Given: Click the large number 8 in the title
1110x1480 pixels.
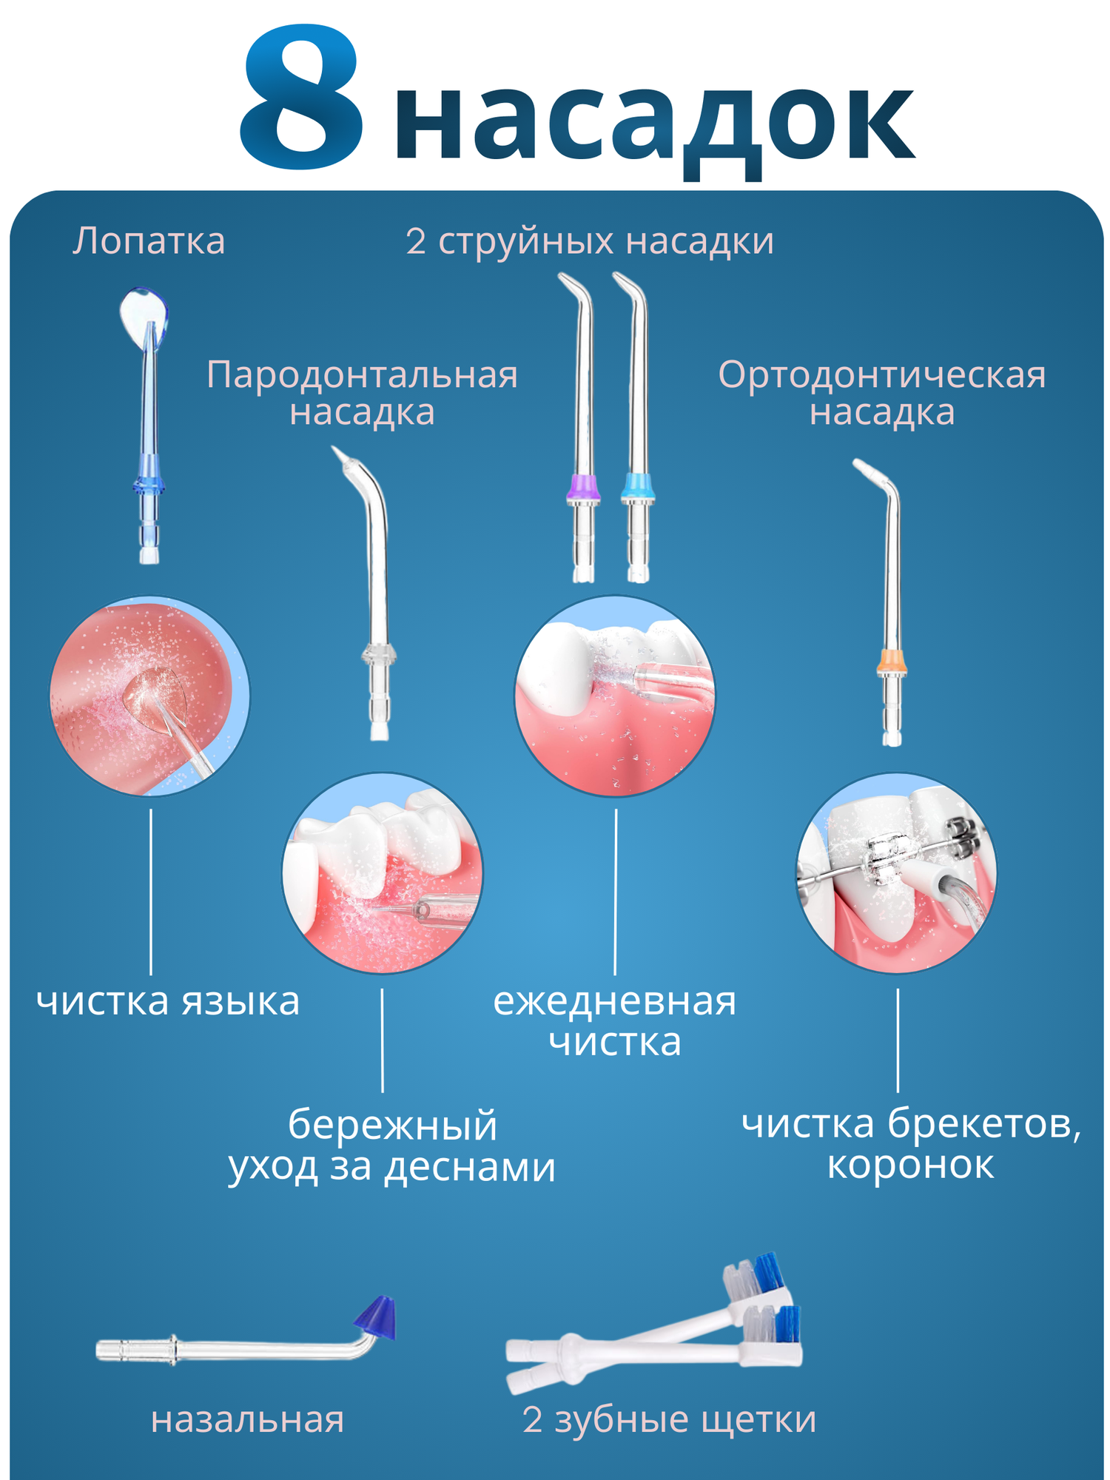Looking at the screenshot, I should click(302, 96).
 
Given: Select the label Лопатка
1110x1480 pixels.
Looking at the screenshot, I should click(149, 241).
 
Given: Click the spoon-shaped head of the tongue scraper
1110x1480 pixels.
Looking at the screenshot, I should click(142, 314).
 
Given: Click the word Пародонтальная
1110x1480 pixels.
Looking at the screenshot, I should click(362, 375).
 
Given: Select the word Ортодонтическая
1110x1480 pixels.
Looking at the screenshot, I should click(881, 375).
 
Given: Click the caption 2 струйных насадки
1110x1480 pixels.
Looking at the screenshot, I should click(589, 241).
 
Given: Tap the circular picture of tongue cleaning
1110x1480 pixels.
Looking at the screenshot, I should click(149, 696).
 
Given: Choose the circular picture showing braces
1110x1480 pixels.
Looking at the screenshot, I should click(896, 872).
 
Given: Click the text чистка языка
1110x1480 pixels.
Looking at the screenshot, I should click(168, 1002).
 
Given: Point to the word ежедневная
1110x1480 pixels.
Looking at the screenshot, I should click(614, 1002).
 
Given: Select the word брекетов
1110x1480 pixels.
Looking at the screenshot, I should click(984, 1123).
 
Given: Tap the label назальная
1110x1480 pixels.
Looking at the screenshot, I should click(247, 1419).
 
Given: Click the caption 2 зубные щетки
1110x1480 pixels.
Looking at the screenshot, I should click(669, 1419).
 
